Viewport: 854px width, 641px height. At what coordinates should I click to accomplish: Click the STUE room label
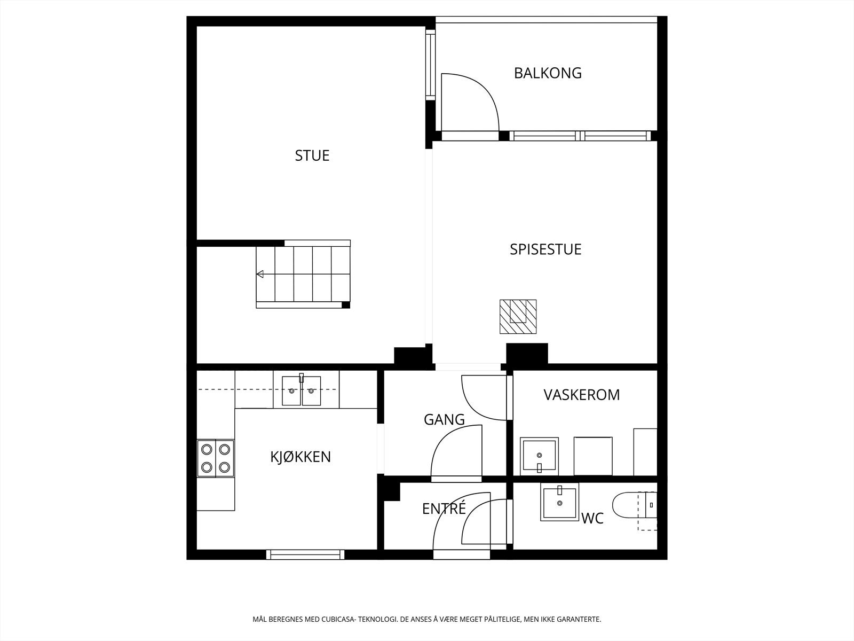[312, 155]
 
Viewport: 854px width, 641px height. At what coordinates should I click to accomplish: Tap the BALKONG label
[548, 73]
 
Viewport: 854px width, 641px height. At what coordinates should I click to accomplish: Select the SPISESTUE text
[545, 249]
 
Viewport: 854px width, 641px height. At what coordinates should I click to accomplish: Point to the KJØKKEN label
[301, 457]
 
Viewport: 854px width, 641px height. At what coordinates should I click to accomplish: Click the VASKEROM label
[581, 395]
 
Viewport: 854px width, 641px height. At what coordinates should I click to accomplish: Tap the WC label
[592, 518]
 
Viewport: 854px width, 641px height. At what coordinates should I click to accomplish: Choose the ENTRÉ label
[444, 509]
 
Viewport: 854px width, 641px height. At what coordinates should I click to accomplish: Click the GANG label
[444, 420]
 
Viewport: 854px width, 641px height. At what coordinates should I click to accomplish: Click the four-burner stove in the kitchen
[216, 458]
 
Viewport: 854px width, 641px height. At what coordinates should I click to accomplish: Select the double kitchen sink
[302, 391]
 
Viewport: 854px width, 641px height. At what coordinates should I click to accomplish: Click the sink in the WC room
[559, 502]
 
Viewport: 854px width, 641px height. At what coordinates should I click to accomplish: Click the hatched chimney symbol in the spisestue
[518, 317]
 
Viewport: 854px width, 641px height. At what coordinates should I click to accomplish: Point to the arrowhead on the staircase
[260, 274]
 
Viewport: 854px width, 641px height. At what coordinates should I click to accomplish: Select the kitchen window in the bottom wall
[305, 554]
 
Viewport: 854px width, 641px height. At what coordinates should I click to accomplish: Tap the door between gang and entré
[456, 451]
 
